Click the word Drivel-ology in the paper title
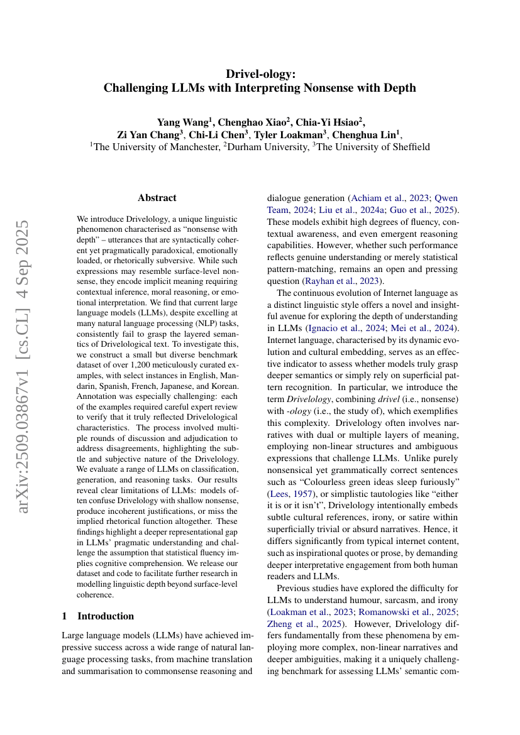point(260,74)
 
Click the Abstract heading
point(157,198)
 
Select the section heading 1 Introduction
point(97,616)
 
